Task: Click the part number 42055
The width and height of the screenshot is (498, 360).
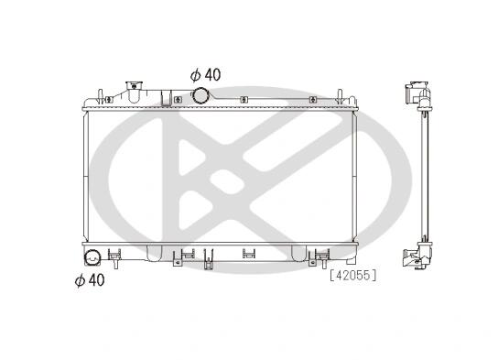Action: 352,275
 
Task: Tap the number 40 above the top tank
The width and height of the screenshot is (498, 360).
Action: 212,75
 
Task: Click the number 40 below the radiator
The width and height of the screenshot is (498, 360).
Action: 96,280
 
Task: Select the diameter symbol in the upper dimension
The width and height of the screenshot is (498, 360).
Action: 195,75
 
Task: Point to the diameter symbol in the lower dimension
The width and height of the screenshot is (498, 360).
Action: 80,280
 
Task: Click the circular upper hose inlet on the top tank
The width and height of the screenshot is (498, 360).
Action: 200,95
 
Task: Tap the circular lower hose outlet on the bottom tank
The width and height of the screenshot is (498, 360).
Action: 92,257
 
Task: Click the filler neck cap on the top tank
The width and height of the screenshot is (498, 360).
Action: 134,85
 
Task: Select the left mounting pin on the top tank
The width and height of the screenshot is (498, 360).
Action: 100,96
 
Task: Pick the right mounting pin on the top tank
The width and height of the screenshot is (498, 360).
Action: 340,96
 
